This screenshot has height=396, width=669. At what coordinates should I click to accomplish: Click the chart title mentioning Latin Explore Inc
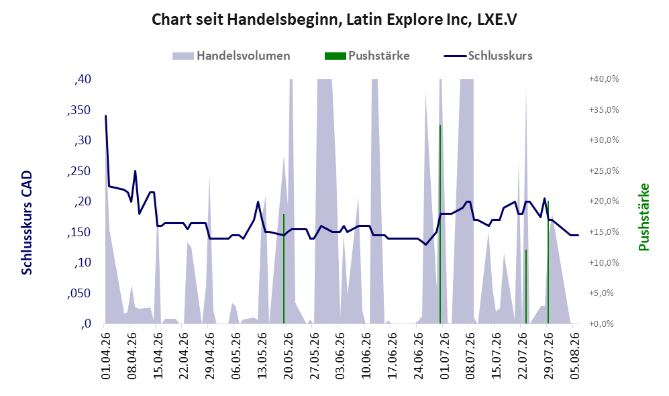334,19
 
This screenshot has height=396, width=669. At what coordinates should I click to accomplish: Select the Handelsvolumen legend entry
231,56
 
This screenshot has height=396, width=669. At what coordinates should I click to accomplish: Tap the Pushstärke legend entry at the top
367,56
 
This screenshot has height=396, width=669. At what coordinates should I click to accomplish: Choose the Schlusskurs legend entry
488,56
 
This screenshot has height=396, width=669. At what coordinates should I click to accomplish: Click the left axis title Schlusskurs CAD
27,222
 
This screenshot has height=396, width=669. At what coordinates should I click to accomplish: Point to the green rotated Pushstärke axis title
644,217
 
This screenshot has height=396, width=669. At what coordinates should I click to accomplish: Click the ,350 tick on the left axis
79,110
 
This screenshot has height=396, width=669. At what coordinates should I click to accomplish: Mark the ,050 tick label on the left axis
79,293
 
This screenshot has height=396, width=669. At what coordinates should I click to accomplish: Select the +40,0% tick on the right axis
604,79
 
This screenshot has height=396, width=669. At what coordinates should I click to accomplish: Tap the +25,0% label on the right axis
604,170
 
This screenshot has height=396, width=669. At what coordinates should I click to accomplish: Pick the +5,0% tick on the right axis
604,293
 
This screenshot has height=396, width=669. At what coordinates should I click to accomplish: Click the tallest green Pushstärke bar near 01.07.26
440,224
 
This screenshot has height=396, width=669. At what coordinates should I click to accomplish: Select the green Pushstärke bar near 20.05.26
284,269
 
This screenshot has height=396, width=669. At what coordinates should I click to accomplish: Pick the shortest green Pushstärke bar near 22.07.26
526,287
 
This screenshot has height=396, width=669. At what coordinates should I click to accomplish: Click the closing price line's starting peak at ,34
106,115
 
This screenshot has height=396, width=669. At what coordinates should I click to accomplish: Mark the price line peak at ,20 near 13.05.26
258,201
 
